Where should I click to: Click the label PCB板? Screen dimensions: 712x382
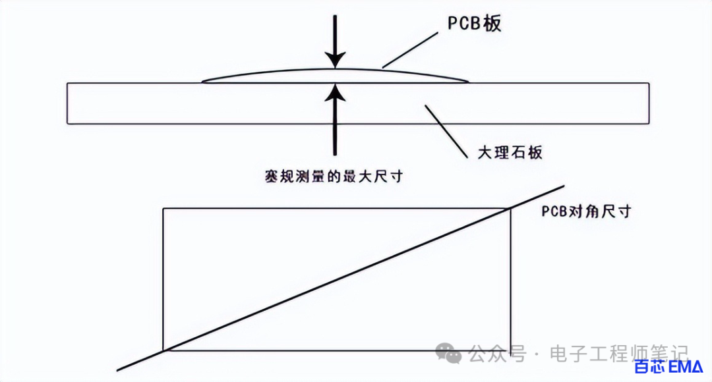tap(475, 24)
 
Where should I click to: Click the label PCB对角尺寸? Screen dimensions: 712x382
tap(586, 211)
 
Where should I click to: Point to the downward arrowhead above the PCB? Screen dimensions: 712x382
tap(336, 60)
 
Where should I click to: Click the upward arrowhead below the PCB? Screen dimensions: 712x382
tap(336, 92)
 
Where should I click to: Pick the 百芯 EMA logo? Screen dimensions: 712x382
tap(668, 367)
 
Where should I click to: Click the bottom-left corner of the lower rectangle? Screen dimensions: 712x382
tap(163, 350)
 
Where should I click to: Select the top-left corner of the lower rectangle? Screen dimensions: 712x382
tap(163, 209)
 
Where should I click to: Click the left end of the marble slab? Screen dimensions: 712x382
tap(67, 103)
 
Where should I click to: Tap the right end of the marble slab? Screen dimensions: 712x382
tap(649, 103)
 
